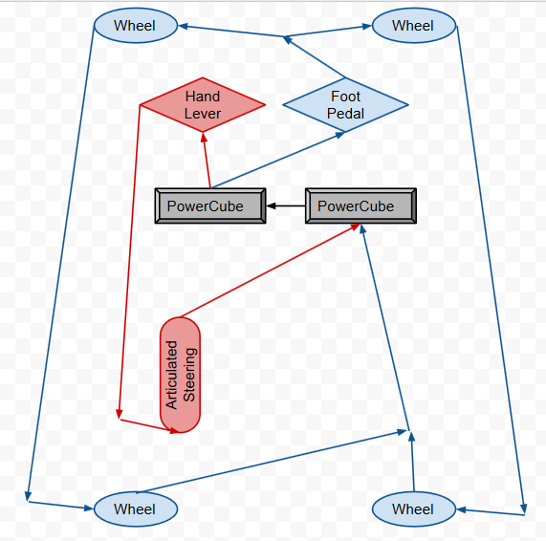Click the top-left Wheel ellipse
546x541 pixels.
pos(136,26)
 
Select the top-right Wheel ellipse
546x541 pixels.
pos(414,26)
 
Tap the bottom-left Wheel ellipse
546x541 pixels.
pos(136,509)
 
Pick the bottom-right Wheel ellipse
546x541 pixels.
pos(414,509)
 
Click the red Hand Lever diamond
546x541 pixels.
pos(203,104)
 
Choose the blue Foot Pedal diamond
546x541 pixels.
pos(345,104)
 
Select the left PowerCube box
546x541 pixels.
pos(210,206)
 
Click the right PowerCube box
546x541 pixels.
pos(360,206)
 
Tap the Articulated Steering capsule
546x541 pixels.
pos(180,375)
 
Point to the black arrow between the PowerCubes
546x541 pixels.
pos(286,206)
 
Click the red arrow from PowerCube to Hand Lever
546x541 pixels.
pos(207,161)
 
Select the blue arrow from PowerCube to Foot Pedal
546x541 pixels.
pos(277,161)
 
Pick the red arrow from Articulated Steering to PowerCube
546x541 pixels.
pos(270,270)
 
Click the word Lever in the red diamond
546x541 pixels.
pos(203,114)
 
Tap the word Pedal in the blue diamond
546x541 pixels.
pos(345,114)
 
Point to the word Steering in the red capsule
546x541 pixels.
pos(189,375)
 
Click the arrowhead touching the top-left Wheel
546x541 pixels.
pos(184,26)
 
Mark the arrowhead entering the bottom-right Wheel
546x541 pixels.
pos(462,510)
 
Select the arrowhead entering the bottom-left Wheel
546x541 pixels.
pos(89,509)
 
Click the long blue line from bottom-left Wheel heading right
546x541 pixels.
pos(272,462)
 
